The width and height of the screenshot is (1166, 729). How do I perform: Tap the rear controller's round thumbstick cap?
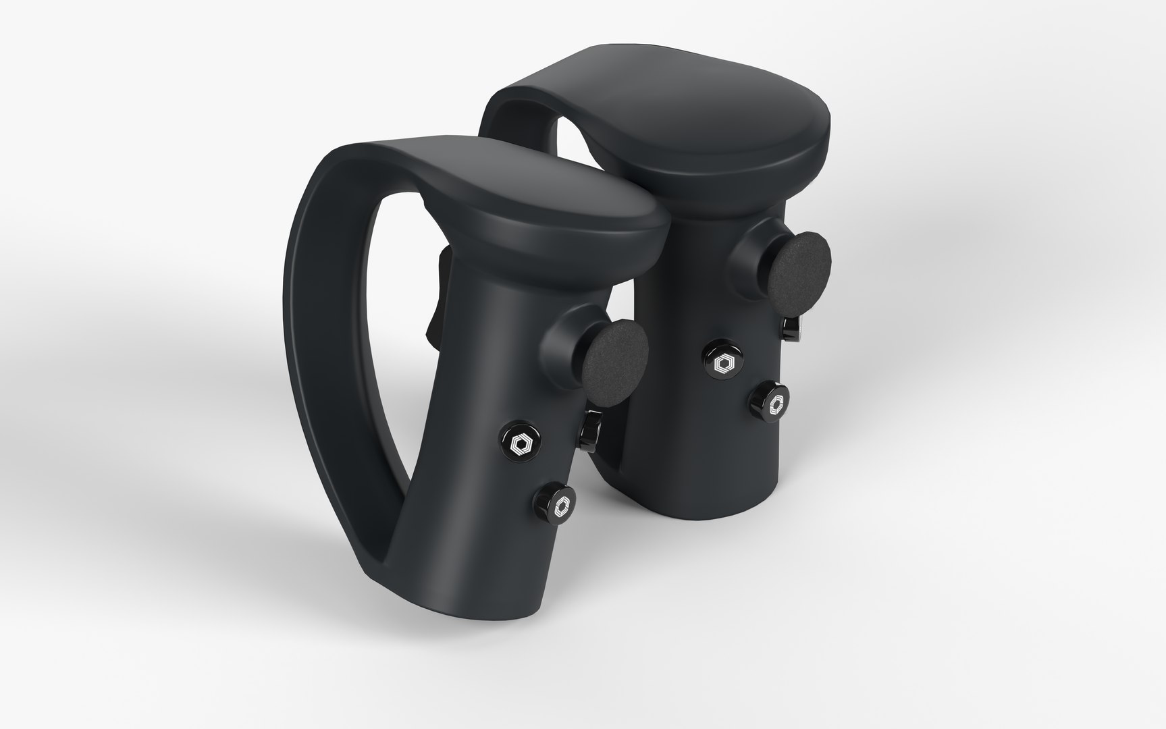pos(801,265)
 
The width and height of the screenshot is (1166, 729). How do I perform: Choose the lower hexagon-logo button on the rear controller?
pos(770,400)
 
